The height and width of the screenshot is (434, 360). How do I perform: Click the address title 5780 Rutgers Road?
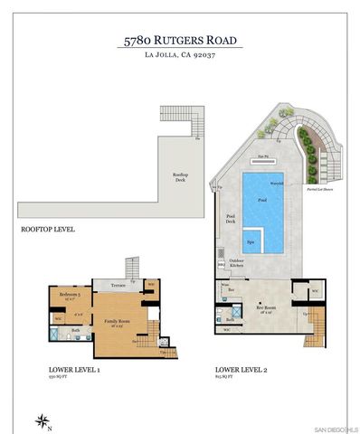(x=181, y=41)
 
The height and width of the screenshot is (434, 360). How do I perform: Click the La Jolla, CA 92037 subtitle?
(x=181, y=56)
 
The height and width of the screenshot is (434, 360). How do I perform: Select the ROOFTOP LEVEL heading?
(x=47, y=230)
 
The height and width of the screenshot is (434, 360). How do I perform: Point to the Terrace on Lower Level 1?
(x=118, y=285)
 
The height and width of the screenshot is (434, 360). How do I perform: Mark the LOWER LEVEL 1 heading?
(x=74, y=370)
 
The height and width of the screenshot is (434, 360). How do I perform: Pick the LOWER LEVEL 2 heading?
(x=241, y=370)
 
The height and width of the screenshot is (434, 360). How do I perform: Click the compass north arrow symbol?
(x=42, y=419)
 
